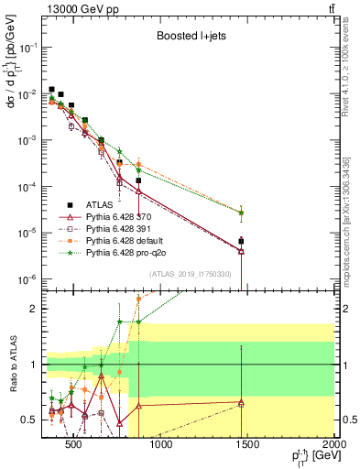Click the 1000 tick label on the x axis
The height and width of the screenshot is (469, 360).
160,445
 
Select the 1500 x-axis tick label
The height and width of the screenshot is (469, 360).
247,445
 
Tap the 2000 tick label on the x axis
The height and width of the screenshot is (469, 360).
334,445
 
